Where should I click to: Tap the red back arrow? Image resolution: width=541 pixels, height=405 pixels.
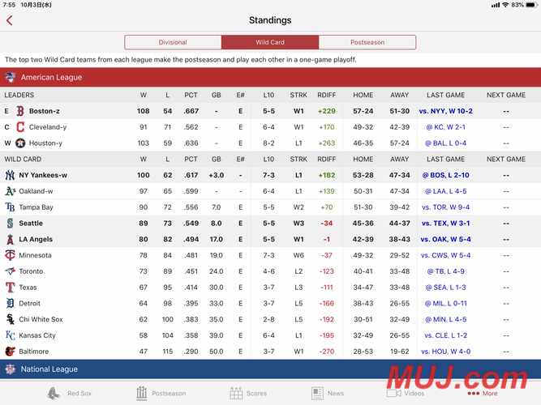(9, 20)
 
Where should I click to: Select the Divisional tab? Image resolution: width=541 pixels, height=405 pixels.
(173, 42)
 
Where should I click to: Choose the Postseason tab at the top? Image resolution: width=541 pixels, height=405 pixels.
(367, 42)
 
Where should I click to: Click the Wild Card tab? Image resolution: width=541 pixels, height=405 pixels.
(270, 42)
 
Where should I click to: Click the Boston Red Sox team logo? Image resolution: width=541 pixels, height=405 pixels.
(20, 111)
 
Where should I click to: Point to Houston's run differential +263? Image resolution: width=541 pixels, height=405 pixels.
(327, 143)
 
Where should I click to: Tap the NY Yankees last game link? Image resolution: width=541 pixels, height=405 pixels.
(446, 175)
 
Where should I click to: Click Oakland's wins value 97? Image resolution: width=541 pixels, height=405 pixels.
(144, 191)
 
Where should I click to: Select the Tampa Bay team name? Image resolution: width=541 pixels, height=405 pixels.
(36, 207)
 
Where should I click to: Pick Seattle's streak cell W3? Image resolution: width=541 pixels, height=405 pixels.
(298, 224)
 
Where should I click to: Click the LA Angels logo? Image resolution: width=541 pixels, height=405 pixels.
(11, 239)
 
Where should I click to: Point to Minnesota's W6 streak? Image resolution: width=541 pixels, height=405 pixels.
(298, 255)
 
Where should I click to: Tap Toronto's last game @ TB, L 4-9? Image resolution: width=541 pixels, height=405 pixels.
(446, 271)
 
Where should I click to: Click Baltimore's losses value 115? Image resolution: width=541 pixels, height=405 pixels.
(168, 352)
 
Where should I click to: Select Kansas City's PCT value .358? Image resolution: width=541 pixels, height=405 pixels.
(191, 335)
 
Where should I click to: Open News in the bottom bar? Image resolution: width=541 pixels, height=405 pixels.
(328, 394)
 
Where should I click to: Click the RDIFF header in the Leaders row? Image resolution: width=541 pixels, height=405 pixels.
(326, 95)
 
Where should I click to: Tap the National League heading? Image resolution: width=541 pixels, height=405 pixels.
(49, 369)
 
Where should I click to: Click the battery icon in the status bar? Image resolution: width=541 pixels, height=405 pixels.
(532, 5)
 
